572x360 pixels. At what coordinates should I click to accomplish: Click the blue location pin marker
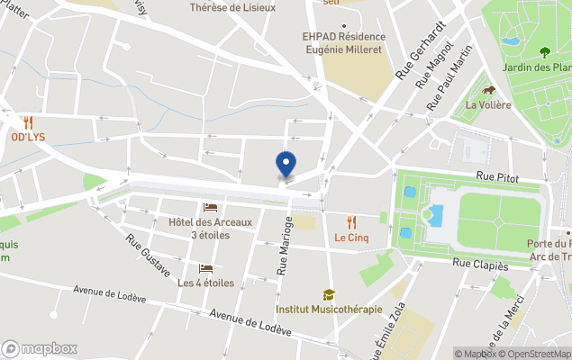(x=286, y=164)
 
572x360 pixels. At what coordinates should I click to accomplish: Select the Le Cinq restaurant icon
(x=351, y=221)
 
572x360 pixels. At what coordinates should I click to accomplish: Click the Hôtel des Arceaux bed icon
(x=210, y=208)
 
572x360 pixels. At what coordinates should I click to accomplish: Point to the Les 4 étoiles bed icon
(x=205, y=268)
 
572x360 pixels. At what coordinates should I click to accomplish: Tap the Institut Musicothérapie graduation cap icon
(x=329, y=294)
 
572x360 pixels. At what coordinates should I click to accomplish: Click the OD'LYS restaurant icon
(x=28, y=122)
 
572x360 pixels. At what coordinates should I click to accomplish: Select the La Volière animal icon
(x=488, y=90)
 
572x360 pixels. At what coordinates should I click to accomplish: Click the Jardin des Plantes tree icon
(x=544, y=52)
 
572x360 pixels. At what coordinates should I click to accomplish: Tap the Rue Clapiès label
(x=480, y=265)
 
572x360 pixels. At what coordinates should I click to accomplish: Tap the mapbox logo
(x=40, y=348)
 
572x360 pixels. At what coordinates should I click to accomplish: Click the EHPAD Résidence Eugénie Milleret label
(x=342, y=42)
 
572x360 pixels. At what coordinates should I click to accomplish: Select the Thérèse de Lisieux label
(x=232, y=7)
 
